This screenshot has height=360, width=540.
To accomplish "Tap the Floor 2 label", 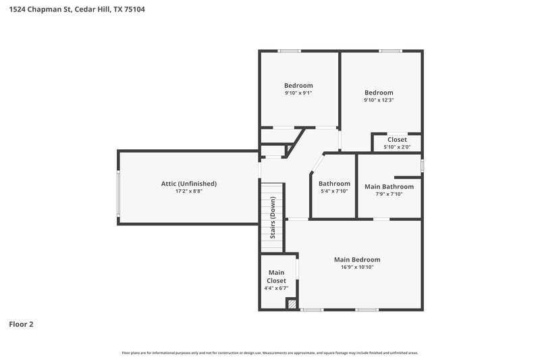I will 21,324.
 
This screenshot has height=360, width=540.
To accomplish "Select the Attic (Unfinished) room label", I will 188,184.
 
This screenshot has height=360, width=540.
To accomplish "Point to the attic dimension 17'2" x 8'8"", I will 188,192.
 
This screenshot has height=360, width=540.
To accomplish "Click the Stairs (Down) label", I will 273,217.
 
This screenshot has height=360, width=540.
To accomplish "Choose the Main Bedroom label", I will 357,259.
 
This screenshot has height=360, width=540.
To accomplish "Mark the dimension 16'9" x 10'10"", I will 357,267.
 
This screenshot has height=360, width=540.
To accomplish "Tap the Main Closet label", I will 276,276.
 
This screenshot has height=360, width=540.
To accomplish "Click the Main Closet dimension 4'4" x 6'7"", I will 276,288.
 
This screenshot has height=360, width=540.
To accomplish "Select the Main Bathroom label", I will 389,186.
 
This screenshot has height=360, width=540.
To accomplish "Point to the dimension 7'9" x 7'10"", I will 389,195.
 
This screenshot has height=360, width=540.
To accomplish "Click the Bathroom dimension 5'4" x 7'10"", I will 334,191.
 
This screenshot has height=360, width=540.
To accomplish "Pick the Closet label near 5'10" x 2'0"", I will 397,140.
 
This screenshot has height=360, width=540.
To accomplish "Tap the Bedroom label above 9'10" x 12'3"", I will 379,93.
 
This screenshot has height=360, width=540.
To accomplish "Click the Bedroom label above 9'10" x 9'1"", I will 298,85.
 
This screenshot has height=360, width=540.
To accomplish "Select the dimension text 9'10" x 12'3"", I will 379,101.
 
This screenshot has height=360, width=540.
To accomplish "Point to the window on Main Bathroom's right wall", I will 422,165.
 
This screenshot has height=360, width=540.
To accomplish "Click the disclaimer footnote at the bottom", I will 269,353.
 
